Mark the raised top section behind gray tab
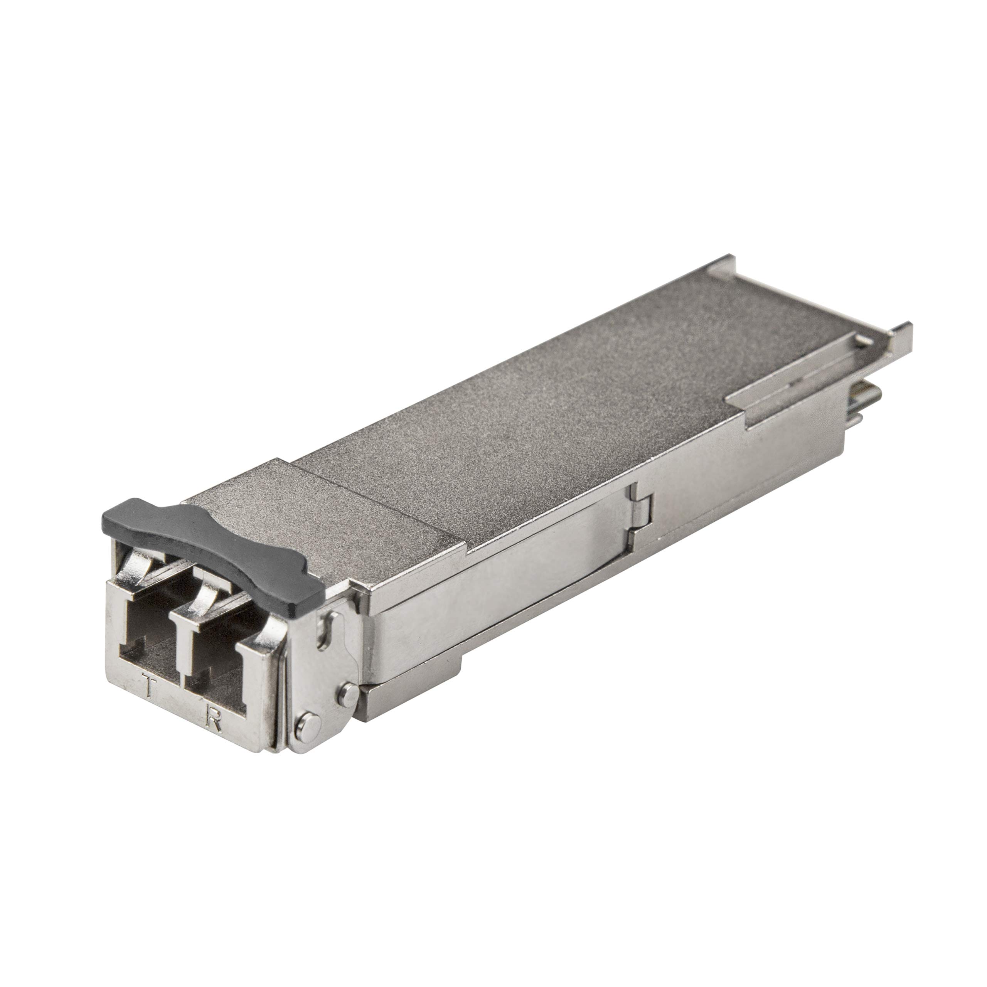click(327, 516)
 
